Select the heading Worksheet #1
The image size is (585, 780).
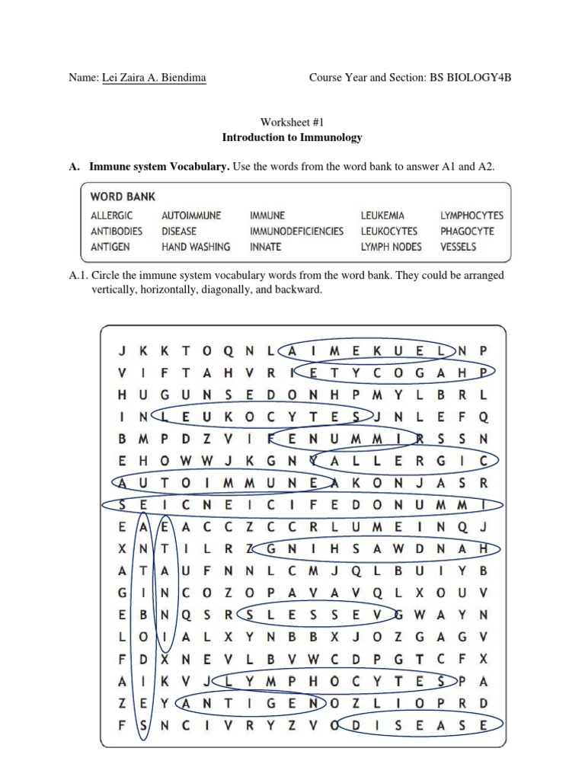[292, 122]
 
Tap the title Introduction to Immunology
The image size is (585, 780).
[292, 137]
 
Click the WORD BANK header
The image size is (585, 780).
[123, 197]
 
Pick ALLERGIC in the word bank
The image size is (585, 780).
[111, 216]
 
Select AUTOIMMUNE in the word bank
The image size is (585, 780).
[191, 216]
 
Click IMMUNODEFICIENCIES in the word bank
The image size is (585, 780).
[296, 231]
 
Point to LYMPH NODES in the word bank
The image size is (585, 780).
[391, 246]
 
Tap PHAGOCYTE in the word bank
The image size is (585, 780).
[467, 231]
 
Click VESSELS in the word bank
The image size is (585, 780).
[458, 246]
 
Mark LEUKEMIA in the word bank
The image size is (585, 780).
[383, 216]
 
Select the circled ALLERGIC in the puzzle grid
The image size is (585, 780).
[404, 460]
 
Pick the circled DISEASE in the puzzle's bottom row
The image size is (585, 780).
[419, 726]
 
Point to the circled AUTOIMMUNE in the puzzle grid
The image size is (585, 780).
[222, 482]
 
